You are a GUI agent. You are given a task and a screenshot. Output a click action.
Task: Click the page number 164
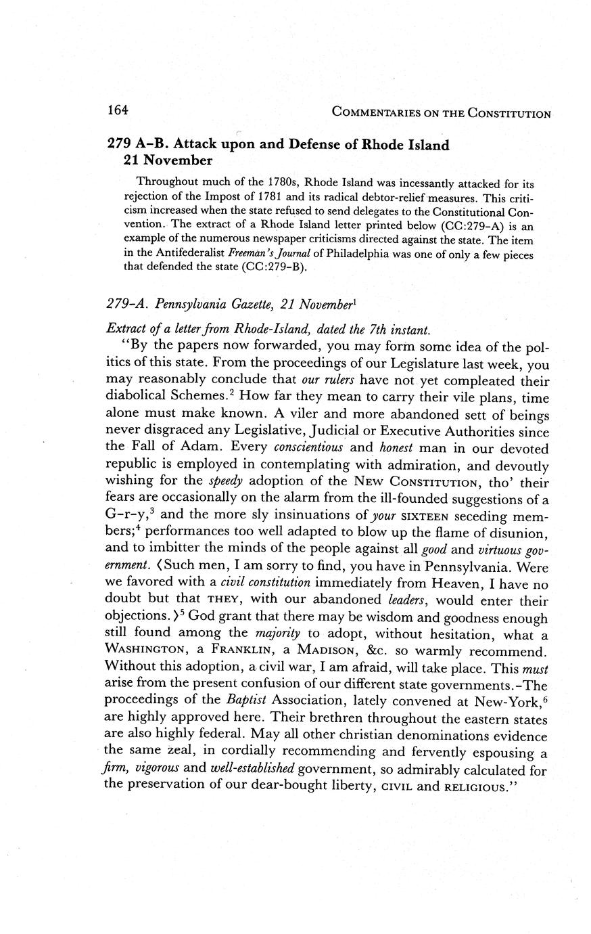(x=118, y=110)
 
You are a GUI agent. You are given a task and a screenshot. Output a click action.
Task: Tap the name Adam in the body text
(x=206, y=447)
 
